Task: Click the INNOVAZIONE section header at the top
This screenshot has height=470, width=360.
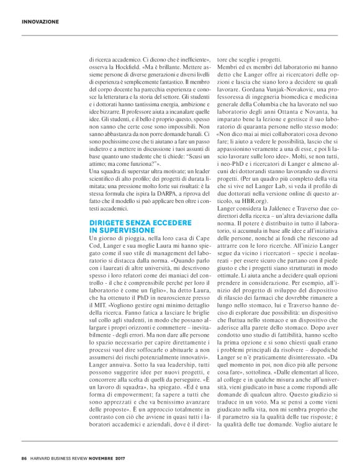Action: [x=40, y=21]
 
